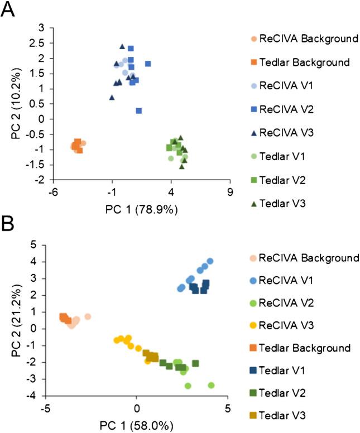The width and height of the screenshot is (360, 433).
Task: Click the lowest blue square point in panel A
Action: (x=138, y=111)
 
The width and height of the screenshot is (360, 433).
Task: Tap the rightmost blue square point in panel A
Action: (x=148, y=64)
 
